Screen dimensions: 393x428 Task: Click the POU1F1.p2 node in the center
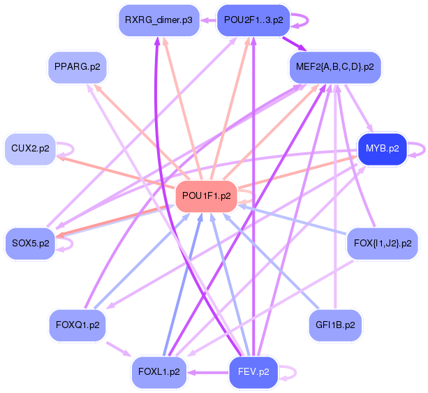pyautogui.click(x=207, y=196)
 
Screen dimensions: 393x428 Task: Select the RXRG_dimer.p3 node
pyautogui.click(x=158, y=20)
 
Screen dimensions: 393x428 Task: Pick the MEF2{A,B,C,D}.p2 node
pyautogui.click(x=334, y=68)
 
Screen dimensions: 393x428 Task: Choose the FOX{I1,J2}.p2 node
pyautogui.click(x=382, y=244)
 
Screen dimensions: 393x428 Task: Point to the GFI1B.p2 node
pyautogui.click(x=335, y=325)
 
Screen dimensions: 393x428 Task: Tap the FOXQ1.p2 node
pyautogui.click(x=77, y=325)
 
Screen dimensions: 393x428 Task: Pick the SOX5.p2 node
pyautogui.click(x=30, y=244)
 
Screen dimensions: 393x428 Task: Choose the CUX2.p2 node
pyautogui.click(x=30, y=149)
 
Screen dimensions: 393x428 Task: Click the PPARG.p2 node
pyautogui.click(x=77, y=68)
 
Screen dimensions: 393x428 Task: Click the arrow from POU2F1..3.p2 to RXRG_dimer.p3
pyautogui.click(x=207, y=20)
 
